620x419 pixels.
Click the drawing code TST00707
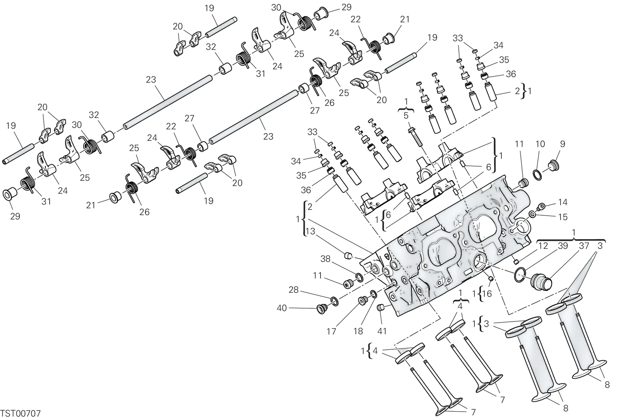(x=21, y=414)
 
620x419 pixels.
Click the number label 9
(x=562, y=144)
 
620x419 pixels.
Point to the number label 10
(x=540, y=144)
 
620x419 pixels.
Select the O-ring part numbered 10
(x=537, y=175)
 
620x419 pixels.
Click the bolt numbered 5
(x=416, y=137)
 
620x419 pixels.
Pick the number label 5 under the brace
(x=406, y=116)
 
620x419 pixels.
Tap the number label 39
(x=563, y=246)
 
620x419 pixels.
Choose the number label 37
(x=584, y=246)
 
